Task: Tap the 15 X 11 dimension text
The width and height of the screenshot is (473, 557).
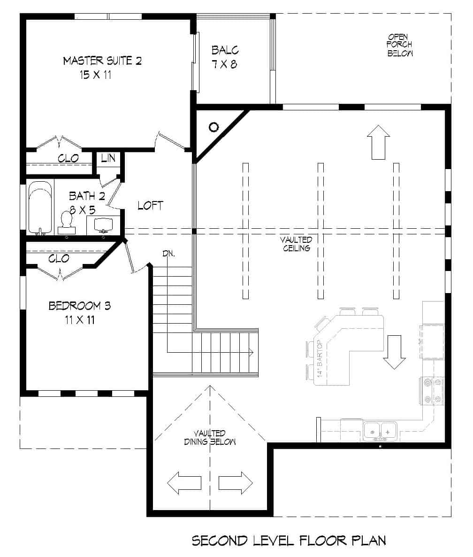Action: pyautogui.click(x=95, y=75)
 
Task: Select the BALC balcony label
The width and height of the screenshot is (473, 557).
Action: pyautogui.click(x=225, y=50)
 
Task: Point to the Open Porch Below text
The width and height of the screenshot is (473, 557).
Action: pyautogui.click(x=400, y=45)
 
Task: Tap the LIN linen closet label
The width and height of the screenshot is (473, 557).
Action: pyautogui.click(x=108, y=158)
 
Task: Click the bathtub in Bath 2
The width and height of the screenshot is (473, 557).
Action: pyautogui.click(x=40, y=207)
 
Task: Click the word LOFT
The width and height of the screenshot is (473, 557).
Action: pyautogui.click(x=150, y=206)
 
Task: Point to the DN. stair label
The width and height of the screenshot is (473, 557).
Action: pyautogui.click(x=169, y=254)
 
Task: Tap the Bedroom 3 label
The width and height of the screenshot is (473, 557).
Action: pyautogui.click(x=80, y=306)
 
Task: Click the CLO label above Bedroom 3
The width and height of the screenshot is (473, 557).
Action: pyautogui.click(x=59, y=258)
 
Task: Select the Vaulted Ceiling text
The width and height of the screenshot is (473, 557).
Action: pyautogui.click(x=296, y=244)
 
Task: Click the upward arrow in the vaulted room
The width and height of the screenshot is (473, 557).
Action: pyautogui.click(x=379, y=142)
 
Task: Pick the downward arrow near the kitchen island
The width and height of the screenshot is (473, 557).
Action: pyautogui.click(x=394, y=352)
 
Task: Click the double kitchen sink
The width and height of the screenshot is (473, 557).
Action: pyautogui.click(x=380, y=429)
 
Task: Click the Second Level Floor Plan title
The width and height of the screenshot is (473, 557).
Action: pyautogui.click(x=289, y=541)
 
